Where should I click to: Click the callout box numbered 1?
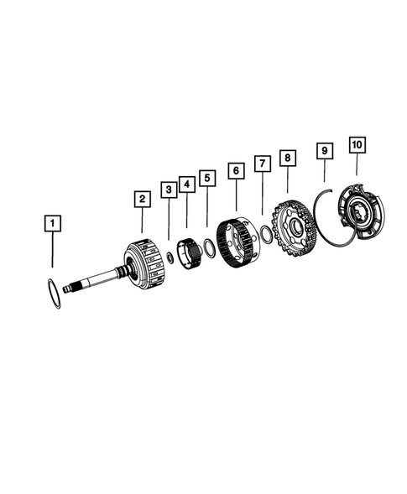[x=53, y=224]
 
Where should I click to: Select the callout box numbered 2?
[x=142, y=199]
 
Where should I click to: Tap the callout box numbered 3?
[x=169, y=191]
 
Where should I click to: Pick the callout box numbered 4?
[x=187, y=184]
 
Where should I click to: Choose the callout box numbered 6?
[x=236, y=170]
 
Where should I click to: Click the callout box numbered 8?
[x=288, y=157]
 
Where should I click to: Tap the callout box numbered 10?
[x=357, y=146]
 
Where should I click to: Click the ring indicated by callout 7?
[x=265, y=235]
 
